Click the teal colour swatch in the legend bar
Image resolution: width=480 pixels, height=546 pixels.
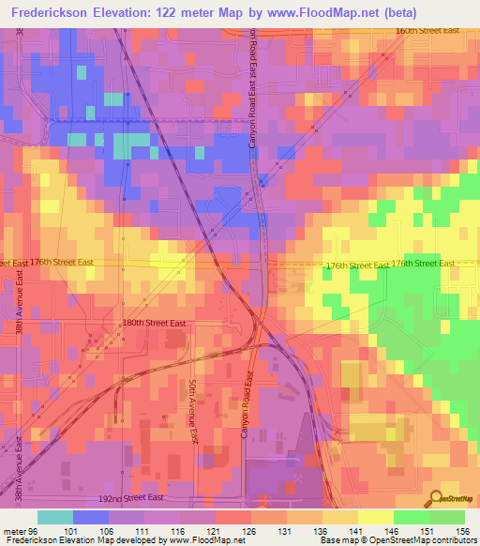54,516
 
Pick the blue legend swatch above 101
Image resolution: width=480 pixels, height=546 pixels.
90,516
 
